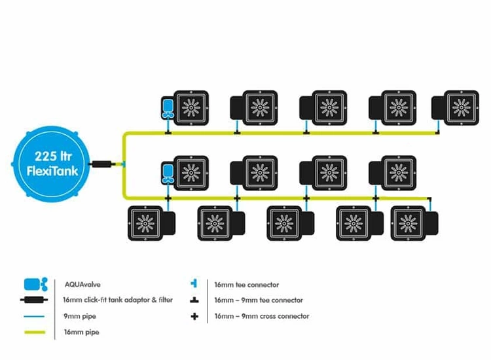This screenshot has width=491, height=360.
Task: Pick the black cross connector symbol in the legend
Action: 194,316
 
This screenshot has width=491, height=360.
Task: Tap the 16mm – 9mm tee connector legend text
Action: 258,300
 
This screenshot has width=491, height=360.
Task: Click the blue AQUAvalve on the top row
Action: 168,107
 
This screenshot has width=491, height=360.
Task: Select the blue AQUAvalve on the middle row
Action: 168,174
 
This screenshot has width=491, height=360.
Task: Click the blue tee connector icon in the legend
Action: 194,285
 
